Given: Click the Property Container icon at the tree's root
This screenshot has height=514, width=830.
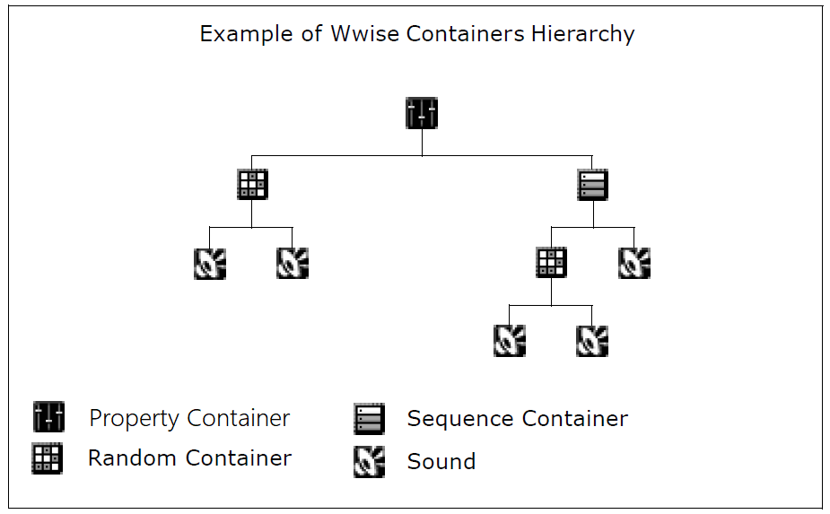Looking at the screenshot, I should tap(422, 113).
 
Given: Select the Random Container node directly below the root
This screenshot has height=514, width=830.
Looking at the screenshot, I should tap(252, 184).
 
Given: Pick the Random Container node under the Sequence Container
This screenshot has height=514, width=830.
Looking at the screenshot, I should tap(551, 263).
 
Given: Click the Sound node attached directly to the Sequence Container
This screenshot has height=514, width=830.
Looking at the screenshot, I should tap(634, 263).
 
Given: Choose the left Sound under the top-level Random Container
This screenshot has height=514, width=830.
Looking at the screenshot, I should tap(210, 263).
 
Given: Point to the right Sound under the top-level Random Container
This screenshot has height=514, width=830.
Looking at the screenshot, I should tap(293, 263).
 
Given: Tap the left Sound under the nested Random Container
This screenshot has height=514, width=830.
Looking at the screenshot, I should tap(510, 341).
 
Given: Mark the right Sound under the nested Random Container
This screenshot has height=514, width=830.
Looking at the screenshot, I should tap(592, 341).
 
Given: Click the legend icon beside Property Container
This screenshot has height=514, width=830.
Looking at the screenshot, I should tap(48, 417).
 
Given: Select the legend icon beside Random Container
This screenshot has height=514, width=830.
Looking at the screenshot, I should tap(47, 458).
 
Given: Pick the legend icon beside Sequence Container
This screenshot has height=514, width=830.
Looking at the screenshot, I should tap(369, 419).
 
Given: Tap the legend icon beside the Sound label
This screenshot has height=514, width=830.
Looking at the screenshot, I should tap(369, 461).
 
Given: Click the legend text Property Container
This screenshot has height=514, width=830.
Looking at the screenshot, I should tap(189, 419).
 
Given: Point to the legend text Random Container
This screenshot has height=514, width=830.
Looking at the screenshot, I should tap(189, 458).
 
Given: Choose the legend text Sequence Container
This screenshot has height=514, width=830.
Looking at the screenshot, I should tap(517, 419).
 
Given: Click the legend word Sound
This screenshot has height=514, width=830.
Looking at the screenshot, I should tap(441, 462).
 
